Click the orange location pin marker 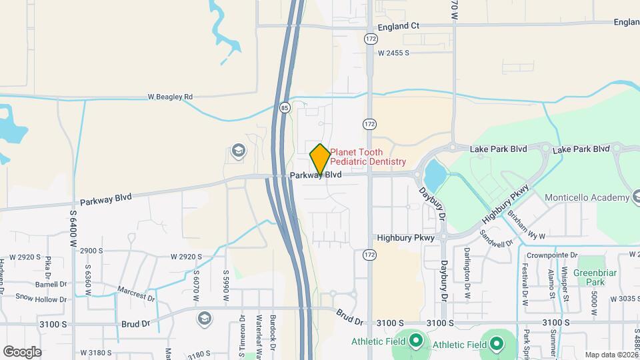320,159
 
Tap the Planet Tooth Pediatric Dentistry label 368,157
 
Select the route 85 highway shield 285,107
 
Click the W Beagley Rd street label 170,97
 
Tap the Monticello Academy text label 587,197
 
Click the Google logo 22,351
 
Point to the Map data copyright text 611,355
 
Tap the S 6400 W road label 73,227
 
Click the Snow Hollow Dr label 41,298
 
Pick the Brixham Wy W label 526,226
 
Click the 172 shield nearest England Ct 371,39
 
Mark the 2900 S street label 91,251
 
